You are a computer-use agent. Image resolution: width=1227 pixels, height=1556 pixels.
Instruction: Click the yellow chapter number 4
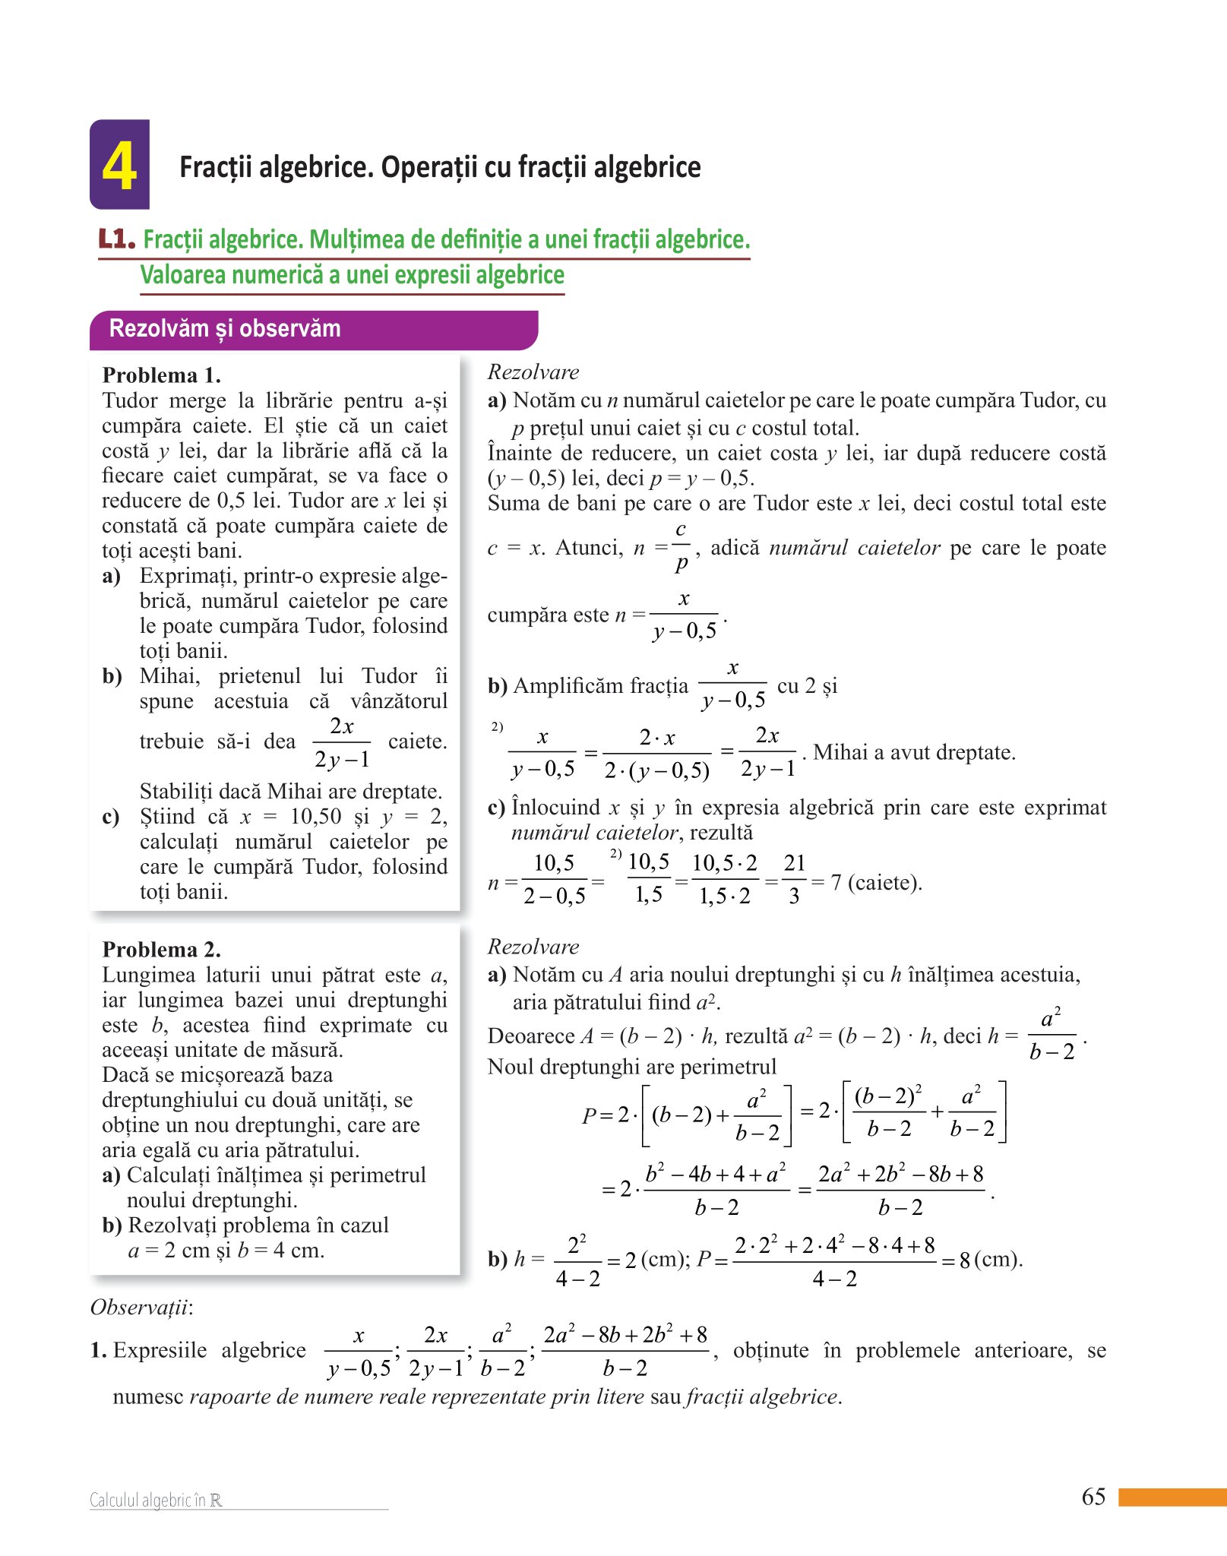(119, 166)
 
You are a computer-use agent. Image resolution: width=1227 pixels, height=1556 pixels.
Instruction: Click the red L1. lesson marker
(117, 239)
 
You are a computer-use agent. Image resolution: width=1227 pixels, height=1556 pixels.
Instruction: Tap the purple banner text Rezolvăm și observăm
(225, 329)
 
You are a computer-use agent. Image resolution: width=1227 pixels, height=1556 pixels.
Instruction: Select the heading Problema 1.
(161, 375)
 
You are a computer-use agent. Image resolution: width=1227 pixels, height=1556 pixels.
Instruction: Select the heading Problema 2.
(161, 950)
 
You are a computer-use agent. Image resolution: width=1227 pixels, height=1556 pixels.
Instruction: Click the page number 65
(1093, 1497)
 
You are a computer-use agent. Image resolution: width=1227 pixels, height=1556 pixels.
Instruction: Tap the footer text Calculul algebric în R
(156, 1500)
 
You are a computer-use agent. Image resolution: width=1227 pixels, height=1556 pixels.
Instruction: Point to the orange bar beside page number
(1172, 1497)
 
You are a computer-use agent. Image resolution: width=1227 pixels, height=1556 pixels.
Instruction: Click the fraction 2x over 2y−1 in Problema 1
(342, 742)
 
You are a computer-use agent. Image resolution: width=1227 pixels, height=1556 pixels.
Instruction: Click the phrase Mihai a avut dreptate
(914, 752)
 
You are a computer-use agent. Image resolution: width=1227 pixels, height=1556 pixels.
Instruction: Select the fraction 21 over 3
(794, 879)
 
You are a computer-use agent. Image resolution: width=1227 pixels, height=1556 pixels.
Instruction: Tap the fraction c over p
(681, 546)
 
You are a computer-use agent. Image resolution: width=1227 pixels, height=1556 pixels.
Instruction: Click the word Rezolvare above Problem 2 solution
(533, 947)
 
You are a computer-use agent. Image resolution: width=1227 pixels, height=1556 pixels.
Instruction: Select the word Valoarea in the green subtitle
(183, 275)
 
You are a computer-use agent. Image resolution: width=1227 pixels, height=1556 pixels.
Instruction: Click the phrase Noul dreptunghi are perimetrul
(631, 1067)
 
